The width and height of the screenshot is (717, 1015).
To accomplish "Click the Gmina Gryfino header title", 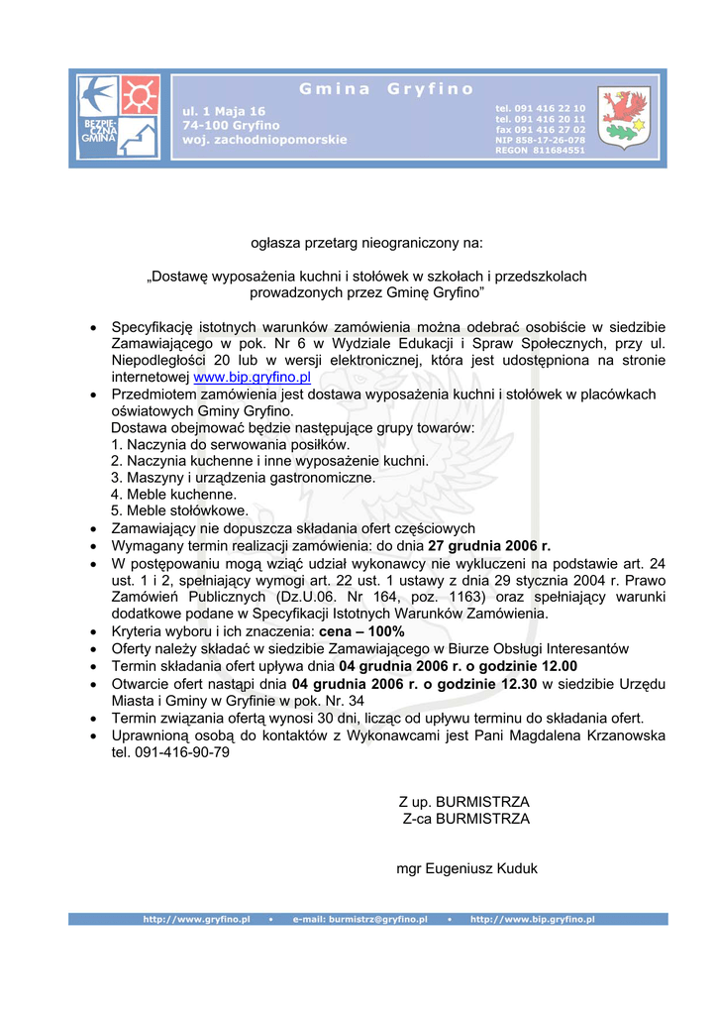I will tap(386, 89).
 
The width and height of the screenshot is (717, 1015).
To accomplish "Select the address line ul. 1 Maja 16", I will tap(224, 111).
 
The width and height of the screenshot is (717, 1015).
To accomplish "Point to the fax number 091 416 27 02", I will tap(540, 130).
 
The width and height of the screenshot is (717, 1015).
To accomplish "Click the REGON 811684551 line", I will tap(540, 151).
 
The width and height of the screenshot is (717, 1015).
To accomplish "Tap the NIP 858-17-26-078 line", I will tap(540, 140).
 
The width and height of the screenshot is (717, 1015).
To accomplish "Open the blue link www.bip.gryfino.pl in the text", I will tap(252, 378).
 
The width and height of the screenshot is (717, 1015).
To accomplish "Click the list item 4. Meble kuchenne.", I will tap(173, 494).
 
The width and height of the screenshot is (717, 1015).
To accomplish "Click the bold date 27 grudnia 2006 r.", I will tap(489, 545).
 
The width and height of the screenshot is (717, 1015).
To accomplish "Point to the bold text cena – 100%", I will tap(362, 631).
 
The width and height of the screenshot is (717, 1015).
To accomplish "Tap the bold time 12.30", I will tap(520, 684).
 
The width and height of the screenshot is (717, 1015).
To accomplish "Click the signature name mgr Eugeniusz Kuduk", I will tap(466, 868).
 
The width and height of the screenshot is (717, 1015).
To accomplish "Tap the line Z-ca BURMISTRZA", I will tap(465, 819).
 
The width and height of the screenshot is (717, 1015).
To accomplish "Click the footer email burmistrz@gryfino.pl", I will tap(359, 920).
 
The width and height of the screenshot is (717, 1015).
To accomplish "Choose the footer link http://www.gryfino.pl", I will tap(196, 920).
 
